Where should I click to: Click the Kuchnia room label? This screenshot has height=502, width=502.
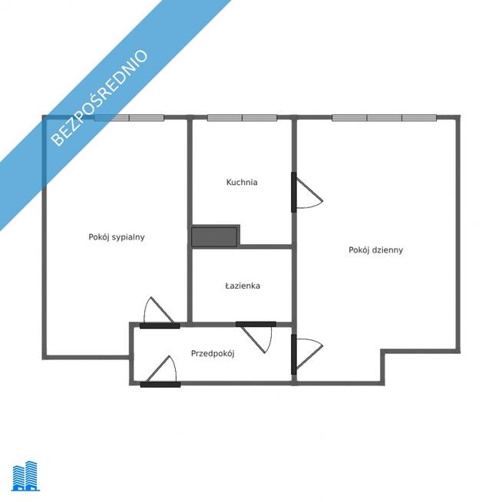pyautogui.click(x=242, y=182)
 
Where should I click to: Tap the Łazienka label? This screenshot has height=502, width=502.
pyautogui.click(x=243, y=286)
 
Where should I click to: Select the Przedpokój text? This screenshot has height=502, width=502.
pyautogui.click(x=213, y=353)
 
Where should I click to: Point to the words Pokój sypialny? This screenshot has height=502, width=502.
pyautogui.click(x=117, y=237)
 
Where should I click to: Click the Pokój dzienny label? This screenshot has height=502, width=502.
pyautogui.click(x=376, y=249)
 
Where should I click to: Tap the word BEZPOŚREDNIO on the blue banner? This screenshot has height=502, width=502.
pyautogui.click(x=99, y=97)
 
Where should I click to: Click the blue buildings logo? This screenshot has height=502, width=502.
pyautogui.click(x=25, y=476)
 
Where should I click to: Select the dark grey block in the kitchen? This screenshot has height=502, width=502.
pyautogui.click(x=214, y=237)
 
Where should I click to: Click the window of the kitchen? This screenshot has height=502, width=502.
pyautogui.click(x=242, y=117)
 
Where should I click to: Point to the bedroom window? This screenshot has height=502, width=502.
pyautogui.click(x=129, y=117)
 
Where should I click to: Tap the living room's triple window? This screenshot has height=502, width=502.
pyautogui.click(x=385, y=117)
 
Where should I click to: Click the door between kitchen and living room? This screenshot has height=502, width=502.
pyautogui.click(x=307, y=192)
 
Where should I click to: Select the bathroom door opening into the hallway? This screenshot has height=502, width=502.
pyautogui.click(x=256, y=336)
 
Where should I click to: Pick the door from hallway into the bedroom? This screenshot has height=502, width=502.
pyautogui.click(x=160, y=312)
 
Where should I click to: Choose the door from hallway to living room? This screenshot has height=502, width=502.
pyautogui.click(x=307, y=354)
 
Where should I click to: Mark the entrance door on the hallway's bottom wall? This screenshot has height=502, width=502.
pyautogui.click(x=160, y=372)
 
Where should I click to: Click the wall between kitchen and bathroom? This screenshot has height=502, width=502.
pyautogui.click(x=266, y=246)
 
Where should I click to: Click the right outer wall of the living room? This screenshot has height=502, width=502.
pyautogui.click(x=458, y=234)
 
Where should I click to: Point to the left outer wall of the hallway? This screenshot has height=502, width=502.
pyautogui.click(x=131, y=354)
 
